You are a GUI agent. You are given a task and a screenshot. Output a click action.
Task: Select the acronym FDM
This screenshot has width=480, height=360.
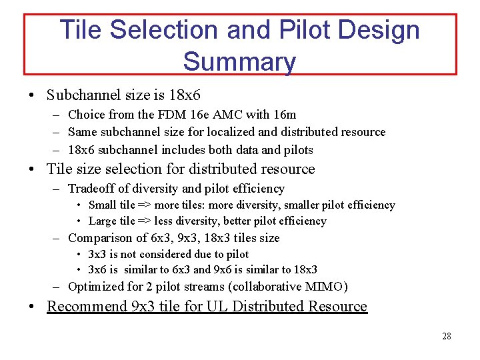click(x=162, y=115)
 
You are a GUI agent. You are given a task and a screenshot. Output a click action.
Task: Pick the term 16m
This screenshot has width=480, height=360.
click(x=283, y=115)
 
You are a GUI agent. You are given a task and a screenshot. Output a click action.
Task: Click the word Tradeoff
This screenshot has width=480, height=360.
click(x=93, y=189)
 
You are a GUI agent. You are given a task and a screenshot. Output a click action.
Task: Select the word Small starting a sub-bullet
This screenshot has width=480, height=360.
click(x=102, y=205)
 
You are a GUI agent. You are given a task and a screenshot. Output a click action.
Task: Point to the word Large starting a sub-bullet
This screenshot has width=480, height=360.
click(x=102, y=221)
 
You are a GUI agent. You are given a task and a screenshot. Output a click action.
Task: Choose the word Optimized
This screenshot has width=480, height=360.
click(x=97, y=287)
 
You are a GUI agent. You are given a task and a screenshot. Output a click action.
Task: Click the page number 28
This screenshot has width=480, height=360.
click(x=446, y=336)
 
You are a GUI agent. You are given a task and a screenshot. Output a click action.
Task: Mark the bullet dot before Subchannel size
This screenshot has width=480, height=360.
click(x=32, y=96)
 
